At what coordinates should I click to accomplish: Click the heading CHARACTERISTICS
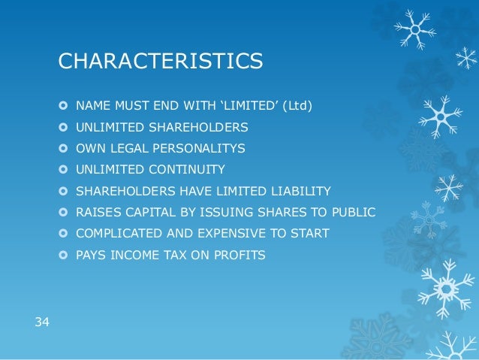[161, 61]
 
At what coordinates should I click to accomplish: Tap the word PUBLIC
[353, 213]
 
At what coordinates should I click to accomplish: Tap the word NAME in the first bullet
[92, 106]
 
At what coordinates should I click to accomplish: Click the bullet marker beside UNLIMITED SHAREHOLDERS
[64, 128]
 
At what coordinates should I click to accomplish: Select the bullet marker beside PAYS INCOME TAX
[64, 256]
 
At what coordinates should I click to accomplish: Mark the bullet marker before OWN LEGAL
[64, 149]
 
